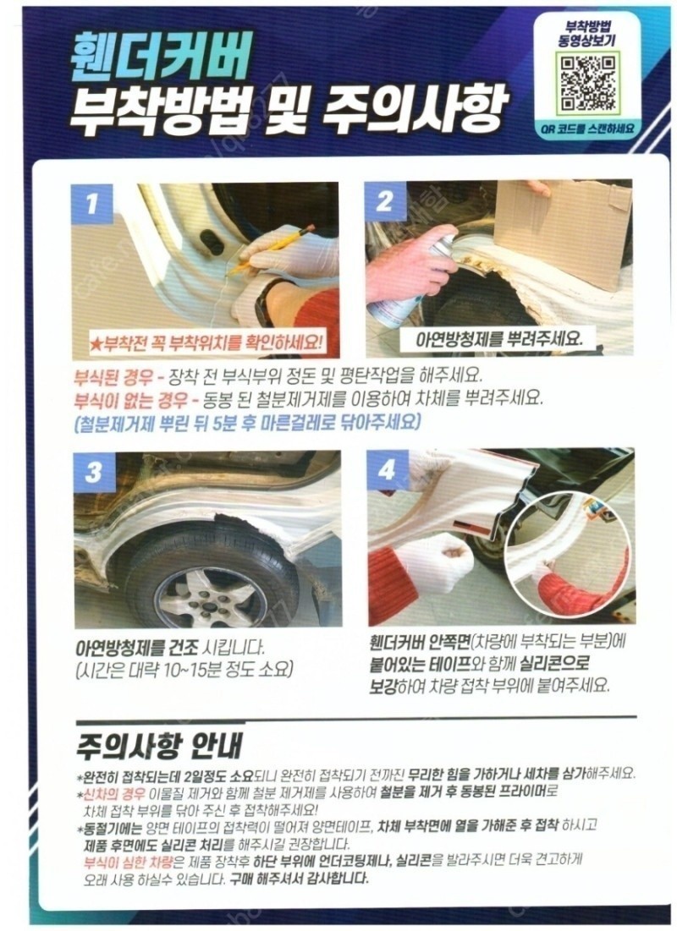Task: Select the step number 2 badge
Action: [x=384, y=202]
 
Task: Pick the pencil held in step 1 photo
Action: [x=272, y=250]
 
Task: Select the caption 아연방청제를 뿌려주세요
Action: [x=498, y=339]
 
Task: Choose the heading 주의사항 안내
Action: [x=159, y=745]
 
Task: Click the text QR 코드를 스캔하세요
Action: [x=588, y=127]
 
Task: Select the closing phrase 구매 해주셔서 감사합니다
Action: [x=300, y=879]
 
